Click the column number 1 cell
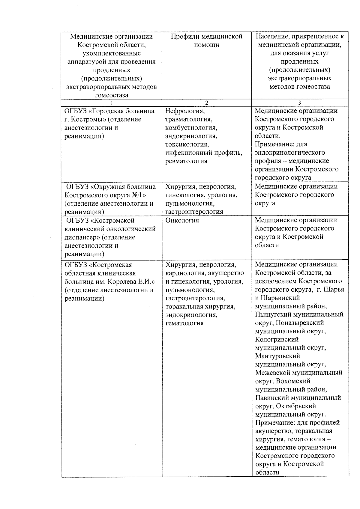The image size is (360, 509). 111,103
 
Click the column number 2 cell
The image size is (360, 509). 206,103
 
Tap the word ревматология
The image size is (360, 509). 186,161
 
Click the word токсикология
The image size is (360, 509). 187,144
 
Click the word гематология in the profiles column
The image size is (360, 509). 184,323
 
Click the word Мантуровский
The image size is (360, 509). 277,356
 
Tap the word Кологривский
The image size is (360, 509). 277,340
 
